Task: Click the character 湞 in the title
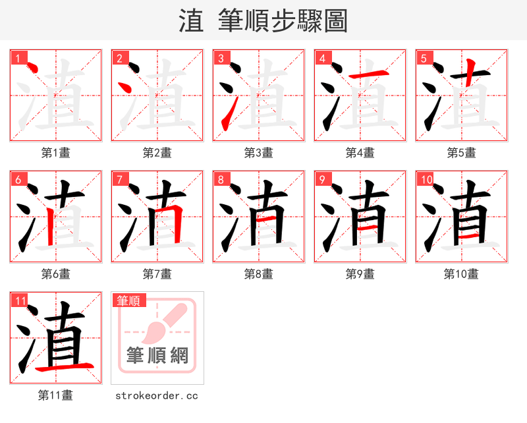[191, 21]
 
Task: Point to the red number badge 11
[20, 301]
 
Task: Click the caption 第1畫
[55, 153]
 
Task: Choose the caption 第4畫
[360, 153]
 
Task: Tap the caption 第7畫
[157, 274]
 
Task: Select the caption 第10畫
[461, 274]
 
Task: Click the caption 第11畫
[55, 395]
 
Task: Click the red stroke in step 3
[226, 117]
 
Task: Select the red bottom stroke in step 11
[66, 366]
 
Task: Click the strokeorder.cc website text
[157, 395]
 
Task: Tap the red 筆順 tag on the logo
[128, 301]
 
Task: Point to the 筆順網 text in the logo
[157, 356]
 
